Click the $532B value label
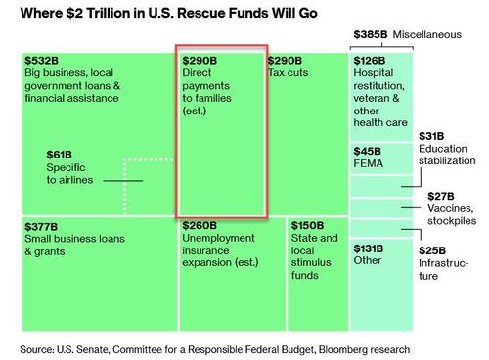click(x=41, y=61)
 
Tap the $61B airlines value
click(x=60, y=155)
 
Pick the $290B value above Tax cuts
click(x=286, y=61)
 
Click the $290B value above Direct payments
click(x=200, y=61)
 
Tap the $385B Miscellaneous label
click(x=370, y=34)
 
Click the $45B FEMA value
click(x=367, y=152)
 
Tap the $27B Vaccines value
click(x=441, y=196)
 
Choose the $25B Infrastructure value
click(x=433, y=250)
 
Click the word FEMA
click(x=369, y=164)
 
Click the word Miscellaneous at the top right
click(x=428, y=34)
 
